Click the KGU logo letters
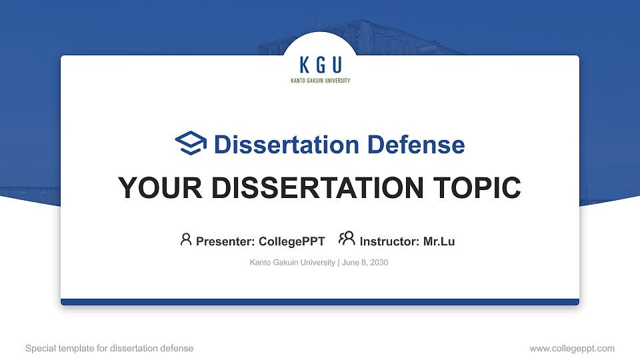pos(320,65)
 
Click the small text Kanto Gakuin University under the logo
pos(320,81)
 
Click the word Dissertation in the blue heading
pos(277,145)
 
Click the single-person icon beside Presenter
pos(186,239)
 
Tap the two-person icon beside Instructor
pos(347,239)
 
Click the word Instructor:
pos(389,241)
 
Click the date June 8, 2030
pos(365,263)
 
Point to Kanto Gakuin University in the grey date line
pos(292,263)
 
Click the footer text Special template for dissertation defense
pos(109,348)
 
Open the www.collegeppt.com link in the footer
pos(572,348)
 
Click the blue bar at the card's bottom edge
pos(320,302)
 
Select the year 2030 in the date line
pos(379,263)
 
